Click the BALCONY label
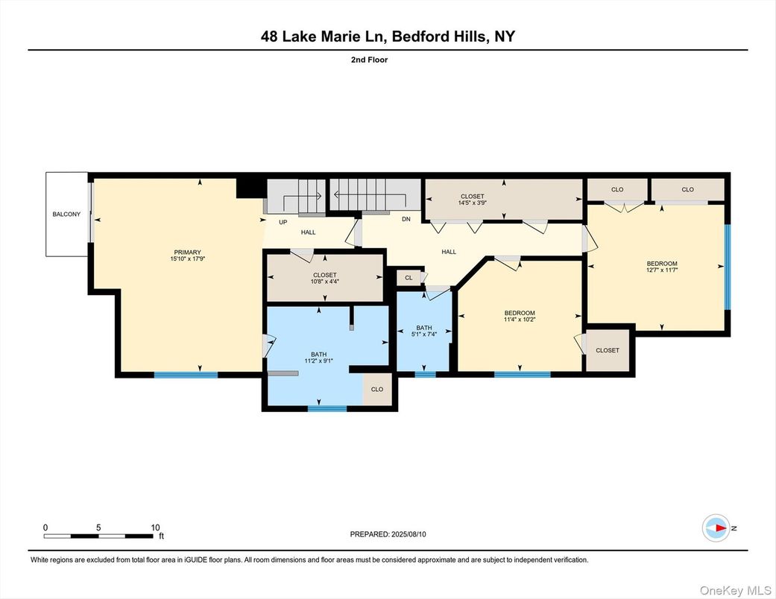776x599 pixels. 66,215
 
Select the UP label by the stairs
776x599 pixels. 283,222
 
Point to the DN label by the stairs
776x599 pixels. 406,220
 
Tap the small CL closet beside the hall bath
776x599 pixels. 408,278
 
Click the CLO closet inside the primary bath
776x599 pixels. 377,389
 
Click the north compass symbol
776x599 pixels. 716,527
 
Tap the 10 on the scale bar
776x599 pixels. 155,527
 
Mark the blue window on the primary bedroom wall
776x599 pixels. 186,374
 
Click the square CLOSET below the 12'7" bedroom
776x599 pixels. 608,350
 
